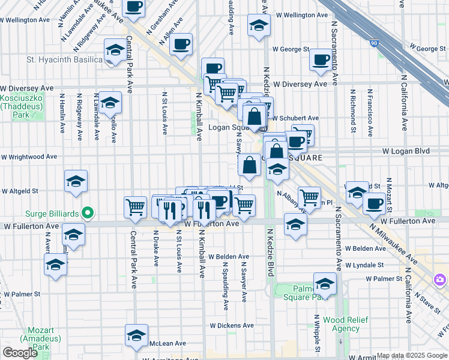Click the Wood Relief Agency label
tap(346, 324)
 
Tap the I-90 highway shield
tap(375, 43)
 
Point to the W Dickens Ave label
tap(229, 325)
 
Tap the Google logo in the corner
tap(20, 352)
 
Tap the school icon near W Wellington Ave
tap(259, 25)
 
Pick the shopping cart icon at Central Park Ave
tap(135, 206)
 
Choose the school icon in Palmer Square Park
tap(325, 283)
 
